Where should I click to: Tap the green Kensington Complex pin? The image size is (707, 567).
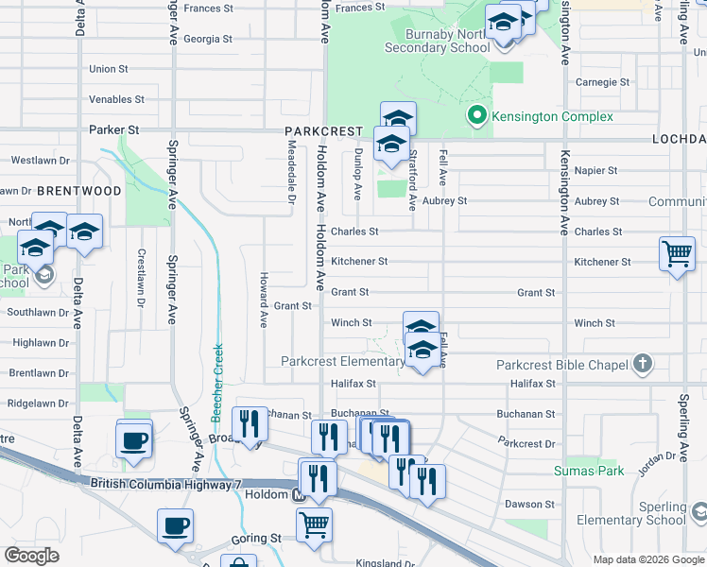(477, 116)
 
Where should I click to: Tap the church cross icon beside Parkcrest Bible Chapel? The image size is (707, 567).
(642, 364)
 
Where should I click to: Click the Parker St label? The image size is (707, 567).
(114, 129)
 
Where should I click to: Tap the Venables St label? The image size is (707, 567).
(116, 99)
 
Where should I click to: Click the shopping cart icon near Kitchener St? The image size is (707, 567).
(678, 252)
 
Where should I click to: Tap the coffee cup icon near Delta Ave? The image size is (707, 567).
(134, 438)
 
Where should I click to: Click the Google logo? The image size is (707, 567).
(31, 555)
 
